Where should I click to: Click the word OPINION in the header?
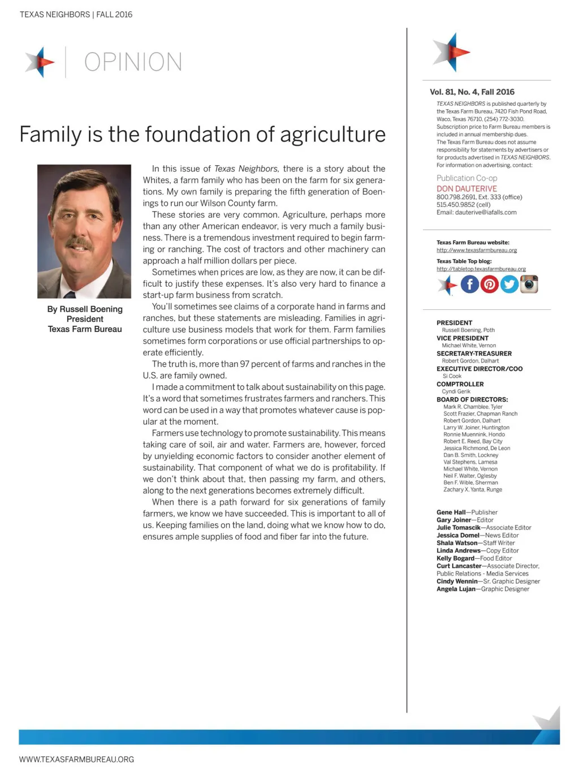coord(133,62)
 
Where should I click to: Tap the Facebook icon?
coord(470,284)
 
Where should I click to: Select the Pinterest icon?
coord(490,284)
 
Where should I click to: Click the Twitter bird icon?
coord(509,284)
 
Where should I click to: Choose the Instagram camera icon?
coord(529,284)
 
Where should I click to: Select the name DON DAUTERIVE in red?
coord(466,188)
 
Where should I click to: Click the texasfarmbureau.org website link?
coord(477,250)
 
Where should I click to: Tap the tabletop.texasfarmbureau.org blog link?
coord(481,269)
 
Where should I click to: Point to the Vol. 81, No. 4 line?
coord(472,92)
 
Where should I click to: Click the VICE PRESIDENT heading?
coord(463,338)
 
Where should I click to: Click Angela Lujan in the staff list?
coord(456,589)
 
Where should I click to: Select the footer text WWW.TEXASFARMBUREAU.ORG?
coord(76,760)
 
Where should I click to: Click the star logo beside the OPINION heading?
coord(40,62)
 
